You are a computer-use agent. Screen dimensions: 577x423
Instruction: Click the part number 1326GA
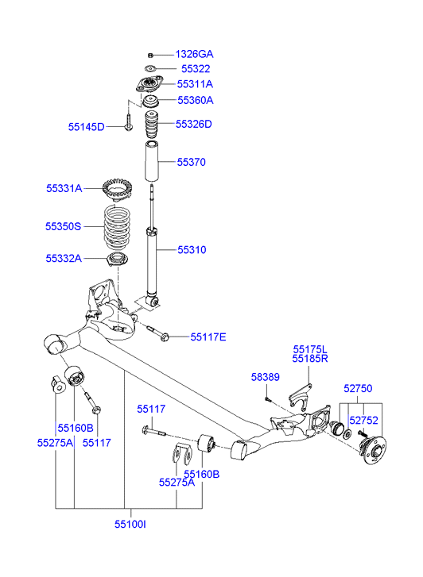click(x=194, y=54)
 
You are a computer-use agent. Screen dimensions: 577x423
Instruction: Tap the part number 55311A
click(x=194, y=84)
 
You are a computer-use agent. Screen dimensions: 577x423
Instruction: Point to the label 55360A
click(x=194, y=101)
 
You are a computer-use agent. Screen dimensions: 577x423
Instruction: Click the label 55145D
click(x=85, y=127)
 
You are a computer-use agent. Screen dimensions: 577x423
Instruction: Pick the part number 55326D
click(x=194, y=124)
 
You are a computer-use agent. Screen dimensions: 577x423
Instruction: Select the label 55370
click(x=191, y=162)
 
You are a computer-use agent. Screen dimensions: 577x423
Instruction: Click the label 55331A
click(x=64, y=189)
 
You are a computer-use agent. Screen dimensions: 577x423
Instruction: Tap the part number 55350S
click(x=63, y=226)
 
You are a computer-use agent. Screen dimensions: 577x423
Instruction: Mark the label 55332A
click(x=64, y=258)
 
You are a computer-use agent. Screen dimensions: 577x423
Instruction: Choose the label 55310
click(x=191, y=249)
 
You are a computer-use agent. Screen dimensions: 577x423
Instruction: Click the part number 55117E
click(x=208, y=337)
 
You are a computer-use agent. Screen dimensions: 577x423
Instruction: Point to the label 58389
click(x=266, y=376)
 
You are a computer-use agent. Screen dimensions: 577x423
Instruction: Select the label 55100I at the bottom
click(x=130, y=525)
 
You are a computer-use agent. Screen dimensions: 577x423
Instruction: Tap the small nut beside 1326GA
click(x=149, y=55)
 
